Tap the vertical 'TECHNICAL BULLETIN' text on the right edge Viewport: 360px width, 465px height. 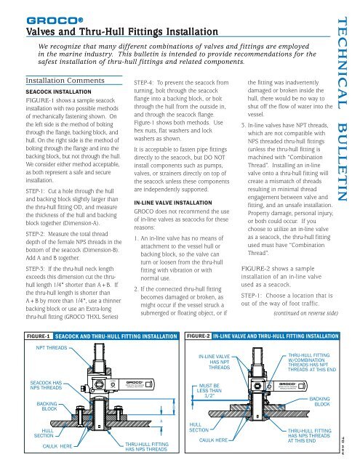pos(345,109)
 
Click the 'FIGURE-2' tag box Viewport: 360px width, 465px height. pos(198,337)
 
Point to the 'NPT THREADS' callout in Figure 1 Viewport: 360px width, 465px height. pos(51,349)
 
